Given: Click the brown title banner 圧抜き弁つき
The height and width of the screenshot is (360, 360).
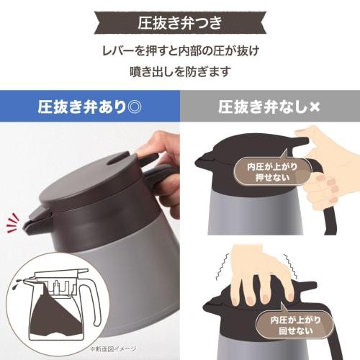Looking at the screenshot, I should point(179,21).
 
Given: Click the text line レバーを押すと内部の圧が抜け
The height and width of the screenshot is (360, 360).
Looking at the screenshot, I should point(179,51).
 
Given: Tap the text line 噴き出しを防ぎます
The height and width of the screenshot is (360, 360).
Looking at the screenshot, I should point(179,72).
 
